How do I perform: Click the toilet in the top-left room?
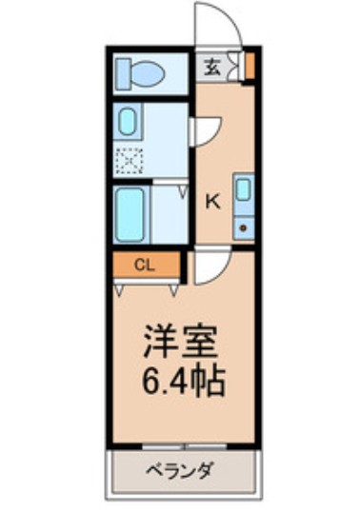pos(140,71)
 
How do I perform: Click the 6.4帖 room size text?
pos(184,383)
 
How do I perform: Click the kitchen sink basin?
pos(243,189)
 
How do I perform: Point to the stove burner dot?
pos(244,227)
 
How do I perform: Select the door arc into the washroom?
pos(207,130)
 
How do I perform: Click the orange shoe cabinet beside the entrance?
pos(250,66)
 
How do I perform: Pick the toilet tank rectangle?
pos(122,71)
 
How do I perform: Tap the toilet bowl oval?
pos(149,71)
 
